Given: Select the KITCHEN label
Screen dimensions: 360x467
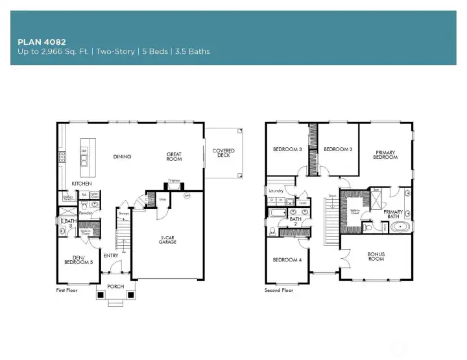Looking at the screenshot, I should pyautogui.click(x=82, y=184).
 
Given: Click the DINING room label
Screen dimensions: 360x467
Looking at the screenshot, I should pyautogui.click(x=122, y=156).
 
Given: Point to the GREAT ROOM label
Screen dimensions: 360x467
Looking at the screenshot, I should pyautogui.click(x=174, y=156).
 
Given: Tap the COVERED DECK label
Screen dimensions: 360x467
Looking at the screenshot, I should pyautogui.click(x=223, y=153).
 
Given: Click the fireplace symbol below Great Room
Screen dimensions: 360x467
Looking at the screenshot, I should pyautogui.click(x=174, y=185).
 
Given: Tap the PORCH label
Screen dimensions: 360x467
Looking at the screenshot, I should pyautogui.click(x=115, y=286).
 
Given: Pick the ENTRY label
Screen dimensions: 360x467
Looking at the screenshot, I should pyautogui.click(x=111, y=255).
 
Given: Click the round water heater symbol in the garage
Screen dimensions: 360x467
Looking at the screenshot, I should pyautogui.click(x=187, y=195).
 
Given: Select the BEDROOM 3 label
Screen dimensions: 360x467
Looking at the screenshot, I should pyautogui.click(x=287, y=149).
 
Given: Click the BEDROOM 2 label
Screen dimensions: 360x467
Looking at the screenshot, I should pyautogui.click(x=338, y=149).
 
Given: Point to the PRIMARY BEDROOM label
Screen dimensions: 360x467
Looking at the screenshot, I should pyautogui.click(x=385, y=155).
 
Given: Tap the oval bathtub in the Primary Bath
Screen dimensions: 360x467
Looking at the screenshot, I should pyautogui.click(x=401, y=228).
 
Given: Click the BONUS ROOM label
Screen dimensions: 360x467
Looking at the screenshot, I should pyautogui.click(x=376, y=256).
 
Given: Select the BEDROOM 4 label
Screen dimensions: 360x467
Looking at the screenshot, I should pyautogui.click(x=286, y=259).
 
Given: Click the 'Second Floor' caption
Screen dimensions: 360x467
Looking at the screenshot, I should pyautogui.click(x=279, y=291).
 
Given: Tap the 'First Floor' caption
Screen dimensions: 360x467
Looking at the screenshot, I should pyautogui.click(x=67, y=291).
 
